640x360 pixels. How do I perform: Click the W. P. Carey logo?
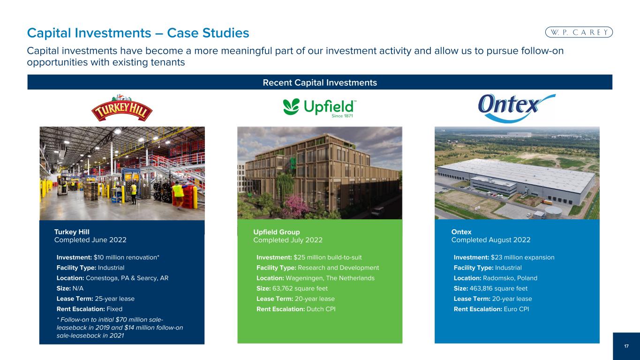tap(579, 32)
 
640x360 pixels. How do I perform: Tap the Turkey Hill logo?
tap(122, 108)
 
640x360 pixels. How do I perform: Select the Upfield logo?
tap(319, 108)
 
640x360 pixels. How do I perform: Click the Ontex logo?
tap(517, 108)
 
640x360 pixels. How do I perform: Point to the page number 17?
tap(626, 346)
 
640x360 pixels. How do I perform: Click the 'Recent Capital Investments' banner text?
tap(320, 82)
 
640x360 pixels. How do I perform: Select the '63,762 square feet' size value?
tap(300, 289)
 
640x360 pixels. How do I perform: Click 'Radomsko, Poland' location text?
tap(510, 278)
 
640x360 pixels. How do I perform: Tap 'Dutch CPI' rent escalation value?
tap(321, 309)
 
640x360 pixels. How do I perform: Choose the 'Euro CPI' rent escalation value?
tap(516, 309)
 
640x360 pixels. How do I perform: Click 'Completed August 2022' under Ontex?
tap(491, 240)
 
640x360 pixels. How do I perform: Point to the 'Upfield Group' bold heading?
tap(277, 232)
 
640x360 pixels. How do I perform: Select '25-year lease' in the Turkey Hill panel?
tap(114, 299)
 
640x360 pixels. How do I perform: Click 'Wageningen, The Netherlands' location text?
tap(330, 278)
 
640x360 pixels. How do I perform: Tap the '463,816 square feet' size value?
tap(498, 289)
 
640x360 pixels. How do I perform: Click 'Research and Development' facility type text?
tap(339, 268)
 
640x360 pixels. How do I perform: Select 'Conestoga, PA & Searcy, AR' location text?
tap(127, 278)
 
